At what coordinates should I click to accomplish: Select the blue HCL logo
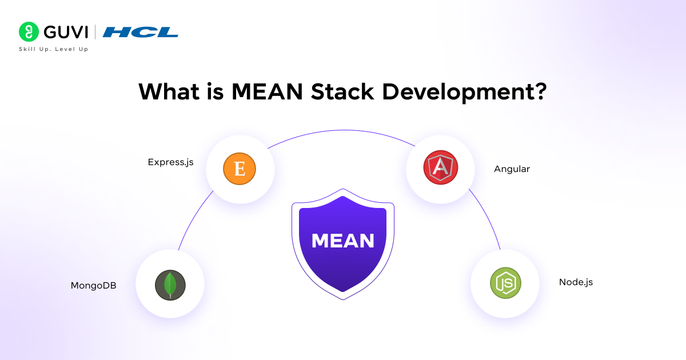click(140, 32)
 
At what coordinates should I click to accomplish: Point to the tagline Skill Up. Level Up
click(54, 49)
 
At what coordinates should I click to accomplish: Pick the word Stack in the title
click(348, 91)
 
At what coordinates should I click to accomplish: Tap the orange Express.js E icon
click(240, 169)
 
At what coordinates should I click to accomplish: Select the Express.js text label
click(170, 162)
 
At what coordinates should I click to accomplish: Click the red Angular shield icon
click(440, 169)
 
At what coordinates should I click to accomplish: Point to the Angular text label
click(512, 169)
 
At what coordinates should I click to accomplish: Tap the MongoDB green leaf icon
click(170, 284)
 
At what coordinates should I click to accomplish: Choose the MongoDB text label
click(93, 285)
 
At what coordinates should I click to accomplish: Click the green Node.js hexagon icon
click(505, 283)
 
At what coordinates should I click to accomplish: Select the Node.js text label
click(576, 282)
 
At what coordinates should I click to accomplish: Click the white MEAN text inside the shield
click(343, 241)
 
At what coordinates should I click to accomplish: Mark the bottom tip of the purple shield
click(343, 298)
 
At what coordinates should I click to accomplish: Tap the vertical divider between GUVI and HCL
click(95, 31)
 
